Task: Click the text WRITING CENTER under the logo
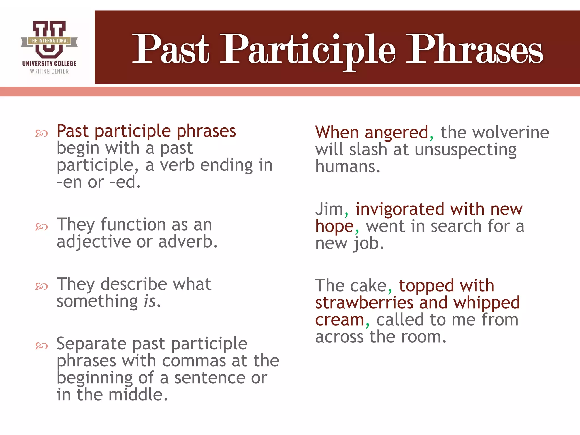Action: point(49,71)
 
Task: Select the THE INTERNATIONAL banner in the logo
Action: point(49,41)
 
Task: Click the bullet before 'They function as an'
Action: point(41,227)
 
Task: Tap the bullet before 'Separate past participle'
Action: point(41,346)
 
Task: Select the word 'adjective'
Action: point(93,242)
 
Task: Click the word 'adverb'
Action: point(185,242)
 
